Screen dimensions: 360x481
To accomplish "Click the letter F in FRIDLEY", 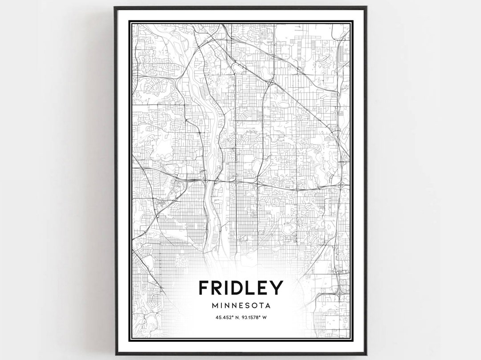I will click(204, 287).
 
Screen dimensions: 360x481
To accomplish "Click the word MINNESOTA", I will click(241, 306).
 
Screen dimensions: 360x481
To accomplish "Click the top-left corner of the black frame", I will click(115, 7).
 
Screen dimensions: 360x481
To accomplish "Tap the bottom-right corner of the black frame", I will click(366, 354).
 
